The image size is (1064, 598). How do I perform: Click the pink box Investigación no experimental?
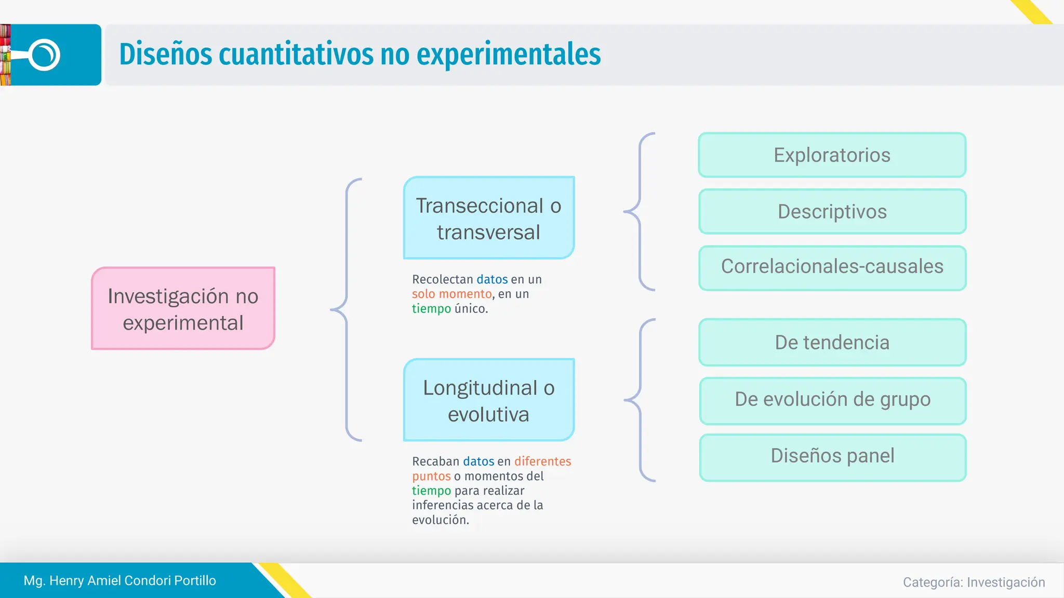pyautogui.click(x=183, y=308)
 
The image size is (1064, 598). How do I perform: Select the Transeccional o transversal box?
pyautogui.click(x=488, y=218)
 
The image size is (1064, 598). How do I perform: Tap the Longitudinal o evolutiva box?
pyautogui.click(x=488, y=400)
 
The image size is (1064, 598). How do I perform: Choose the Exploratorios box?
pyautogui.click(x=832, y=155)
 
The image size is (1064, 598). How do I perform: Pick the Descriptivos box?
pyautogui.click(x=832, y=212)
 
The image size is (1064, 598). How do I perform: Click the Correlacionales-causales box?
pyautogui.click(x=832, y=267)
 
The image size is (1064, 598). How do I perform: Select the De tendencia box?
pyautogui.click(x=832, y=343)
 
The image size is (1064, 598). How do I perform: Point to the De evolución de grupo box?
pyautogui.click(x=832, y=400)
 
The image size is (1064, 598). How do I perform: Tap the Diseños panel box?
pyautogui.click(x=832, y=456)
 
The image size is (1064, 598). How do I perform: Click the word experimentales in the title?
pyautogui.click(x=508, y=55)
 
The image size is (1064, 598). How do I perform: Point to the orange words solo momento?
pyautogui.click(x=451, y=294)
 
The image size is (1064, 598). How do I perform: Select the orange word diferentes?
pyautogui.click(x=542, y=461)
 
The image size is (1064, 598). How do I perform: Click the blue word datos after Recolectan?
pyautogui.click(x=492, y=279)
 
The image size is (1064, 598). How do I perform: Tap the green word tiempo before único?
pyautogui.click(x=431, y=309)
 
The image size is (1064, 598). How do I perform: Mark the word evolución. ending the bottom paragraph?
pyautogui.click(x=441, y=520)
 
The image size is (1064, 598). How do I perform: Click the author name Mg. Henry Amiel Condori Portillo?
pyautogui.click(x=119, y=580)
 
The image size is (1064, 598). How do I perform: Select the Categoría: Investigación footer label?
pyautogui.click(x=974, y=582)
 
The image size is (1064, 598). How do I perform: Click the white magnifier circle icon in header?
pyautogui.click(x=45, y=55)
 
